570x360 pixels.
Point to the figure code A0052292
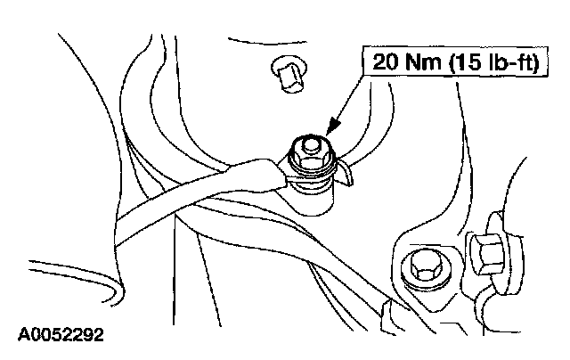pos(61,336)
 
